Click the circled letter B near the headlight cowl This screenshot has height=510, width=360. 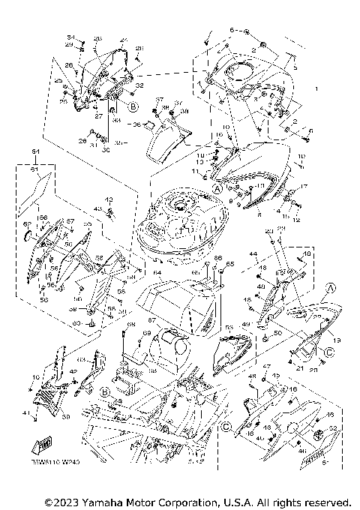pos(133,107)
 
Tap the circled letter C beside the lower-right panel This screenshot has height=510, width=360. pos(331,351)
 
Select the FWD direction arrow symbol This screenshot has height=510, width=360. pos(37,443)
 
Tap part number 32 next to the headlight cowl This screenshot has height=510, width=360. pos(139,86)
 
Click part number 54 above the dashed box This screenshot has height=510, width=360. pos(34,151)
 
